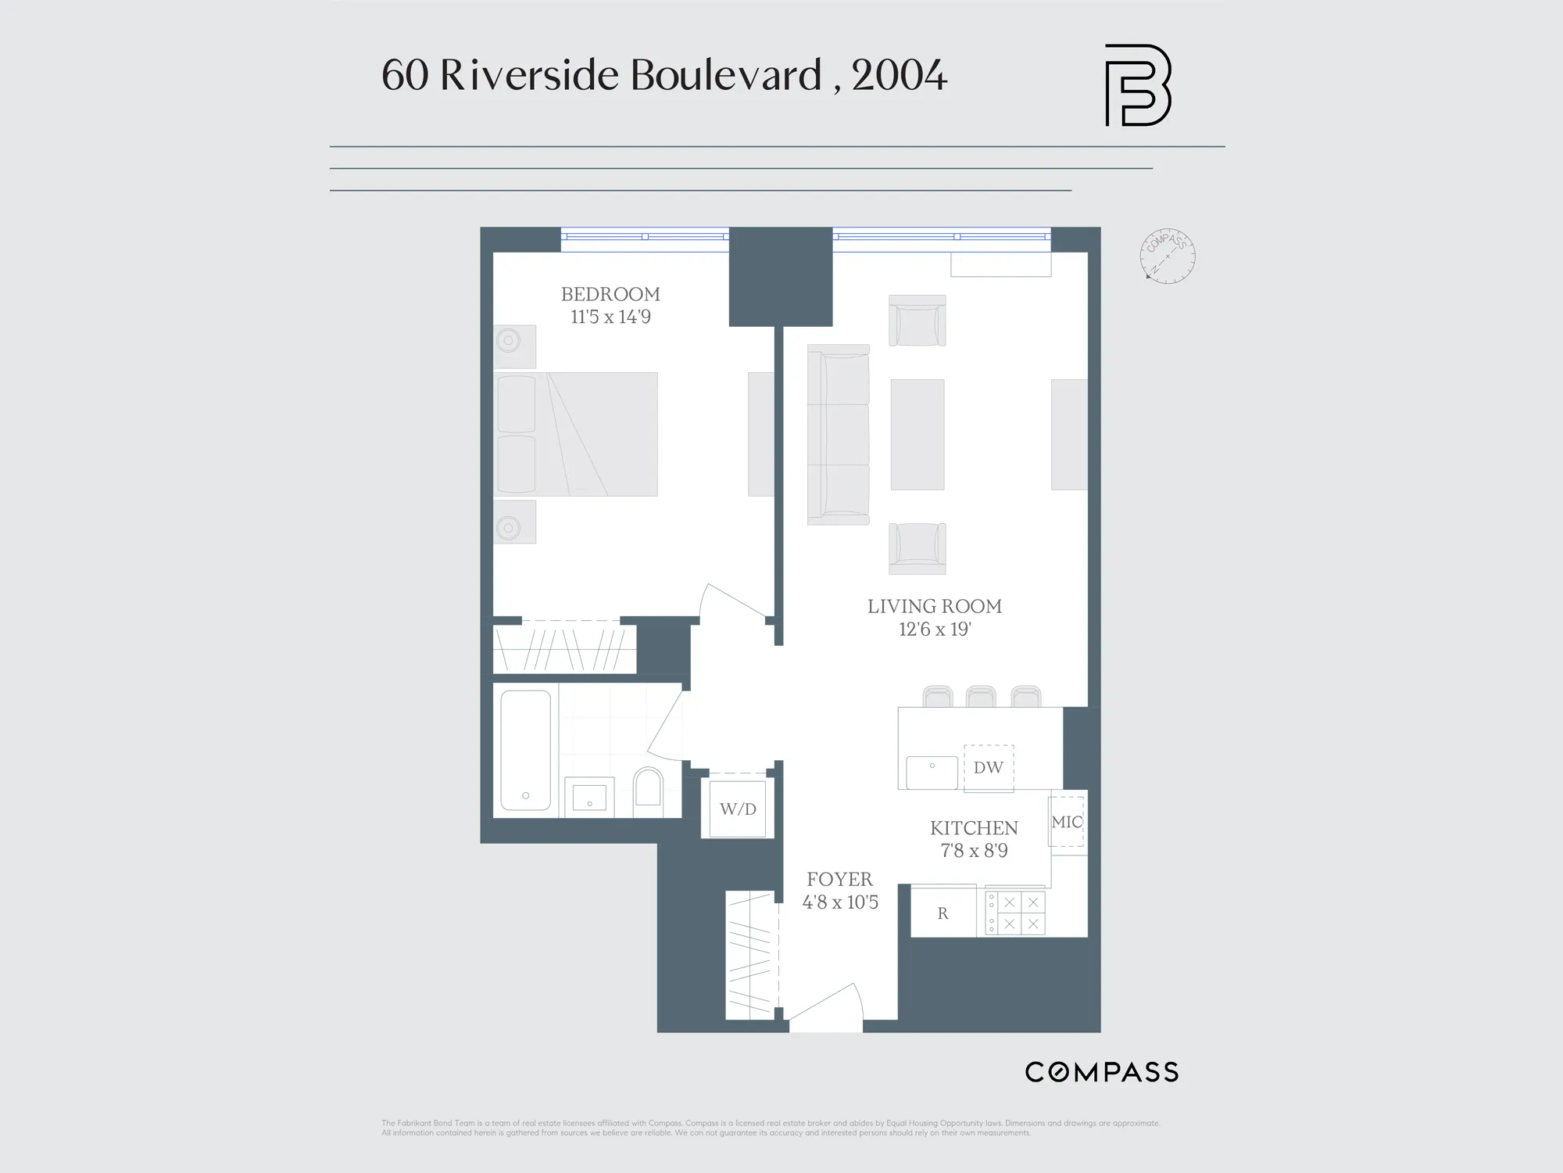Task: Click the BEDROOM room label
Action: pos(610,294)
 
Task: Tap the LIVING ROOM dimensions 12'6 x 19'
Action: pos(935,630)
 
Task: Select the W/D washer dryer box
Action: pos(738,809)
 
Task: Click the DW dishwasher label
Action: pos(988,768)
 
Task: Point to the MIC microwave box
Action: pos(1067,822)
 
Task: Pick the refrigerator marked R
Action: pos(943,913)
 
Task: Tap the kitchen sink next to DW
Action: pos(932,773)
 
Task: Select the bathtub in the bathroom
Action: pos(525,750)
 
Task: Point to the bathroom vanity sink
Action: pos(589,797)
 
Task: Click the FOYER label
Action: pos(840,879)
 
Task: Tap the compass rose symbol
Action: pos(1168,256)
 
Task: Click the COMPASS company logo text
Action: pos(1101,1072)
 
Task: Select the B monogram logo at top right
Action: pos(1137,85)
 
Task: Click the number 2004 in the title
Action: pos(900,76)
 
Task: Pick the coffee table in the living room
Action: pos(917,434)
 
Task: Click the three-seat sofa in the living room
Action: pos(839,434)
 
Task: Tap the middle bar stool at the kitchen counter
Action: pos(981,696)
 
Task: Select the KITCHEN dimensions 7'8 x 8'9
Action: pos(974,851)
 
